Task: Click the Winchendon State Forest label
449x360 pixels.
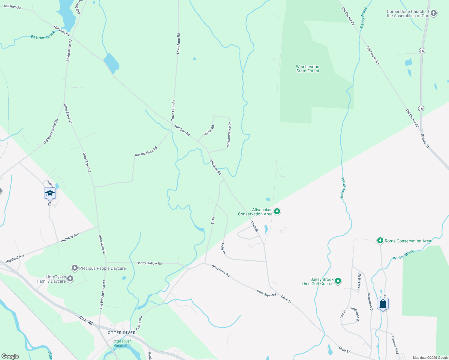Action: [x=308, y=69]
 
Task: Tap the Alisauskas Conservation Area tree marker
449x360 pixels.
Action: [x=277, y=211]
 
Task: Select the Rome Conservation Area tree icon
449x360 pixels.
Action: [x=380, y=241]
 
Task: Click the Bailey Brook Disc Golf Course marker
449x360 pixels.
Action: [x=338, y=281]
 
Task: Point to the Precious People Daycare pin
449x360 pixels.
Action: [x=74, y=268]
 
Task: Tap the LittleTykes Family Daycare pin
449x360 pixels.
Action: [x=70, y=279]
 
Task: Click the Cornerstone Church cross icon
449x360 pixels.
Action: [x=434, y=13]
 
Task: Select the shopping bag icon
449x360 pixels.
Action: [x=383, y=304]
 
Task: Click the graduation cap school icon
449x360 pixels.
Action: [x=50, y=193]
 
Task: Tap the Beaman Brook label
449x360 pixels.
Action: [x=43, y=35]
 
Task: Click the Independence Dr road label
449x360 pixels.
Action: [x=229, y=134]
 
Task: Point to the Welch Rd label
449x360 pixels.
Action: [x=209, y=130]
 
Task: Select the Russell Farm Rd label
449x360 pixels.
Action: [x=146, y=152]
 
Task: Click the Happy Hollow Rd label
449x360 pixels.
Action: [x=149, y=263]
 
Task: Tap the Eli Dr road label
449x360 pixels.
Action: [x=213, y=220]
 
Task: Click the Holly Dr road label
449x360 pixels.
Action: [x=223, y=249]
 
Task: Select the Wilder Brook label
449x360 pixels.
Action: [x=403, y=255]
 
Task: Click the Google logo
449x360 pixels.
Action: [x=10, y=356]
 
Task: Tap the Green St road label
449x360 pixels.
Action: [x=425, y=140]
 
